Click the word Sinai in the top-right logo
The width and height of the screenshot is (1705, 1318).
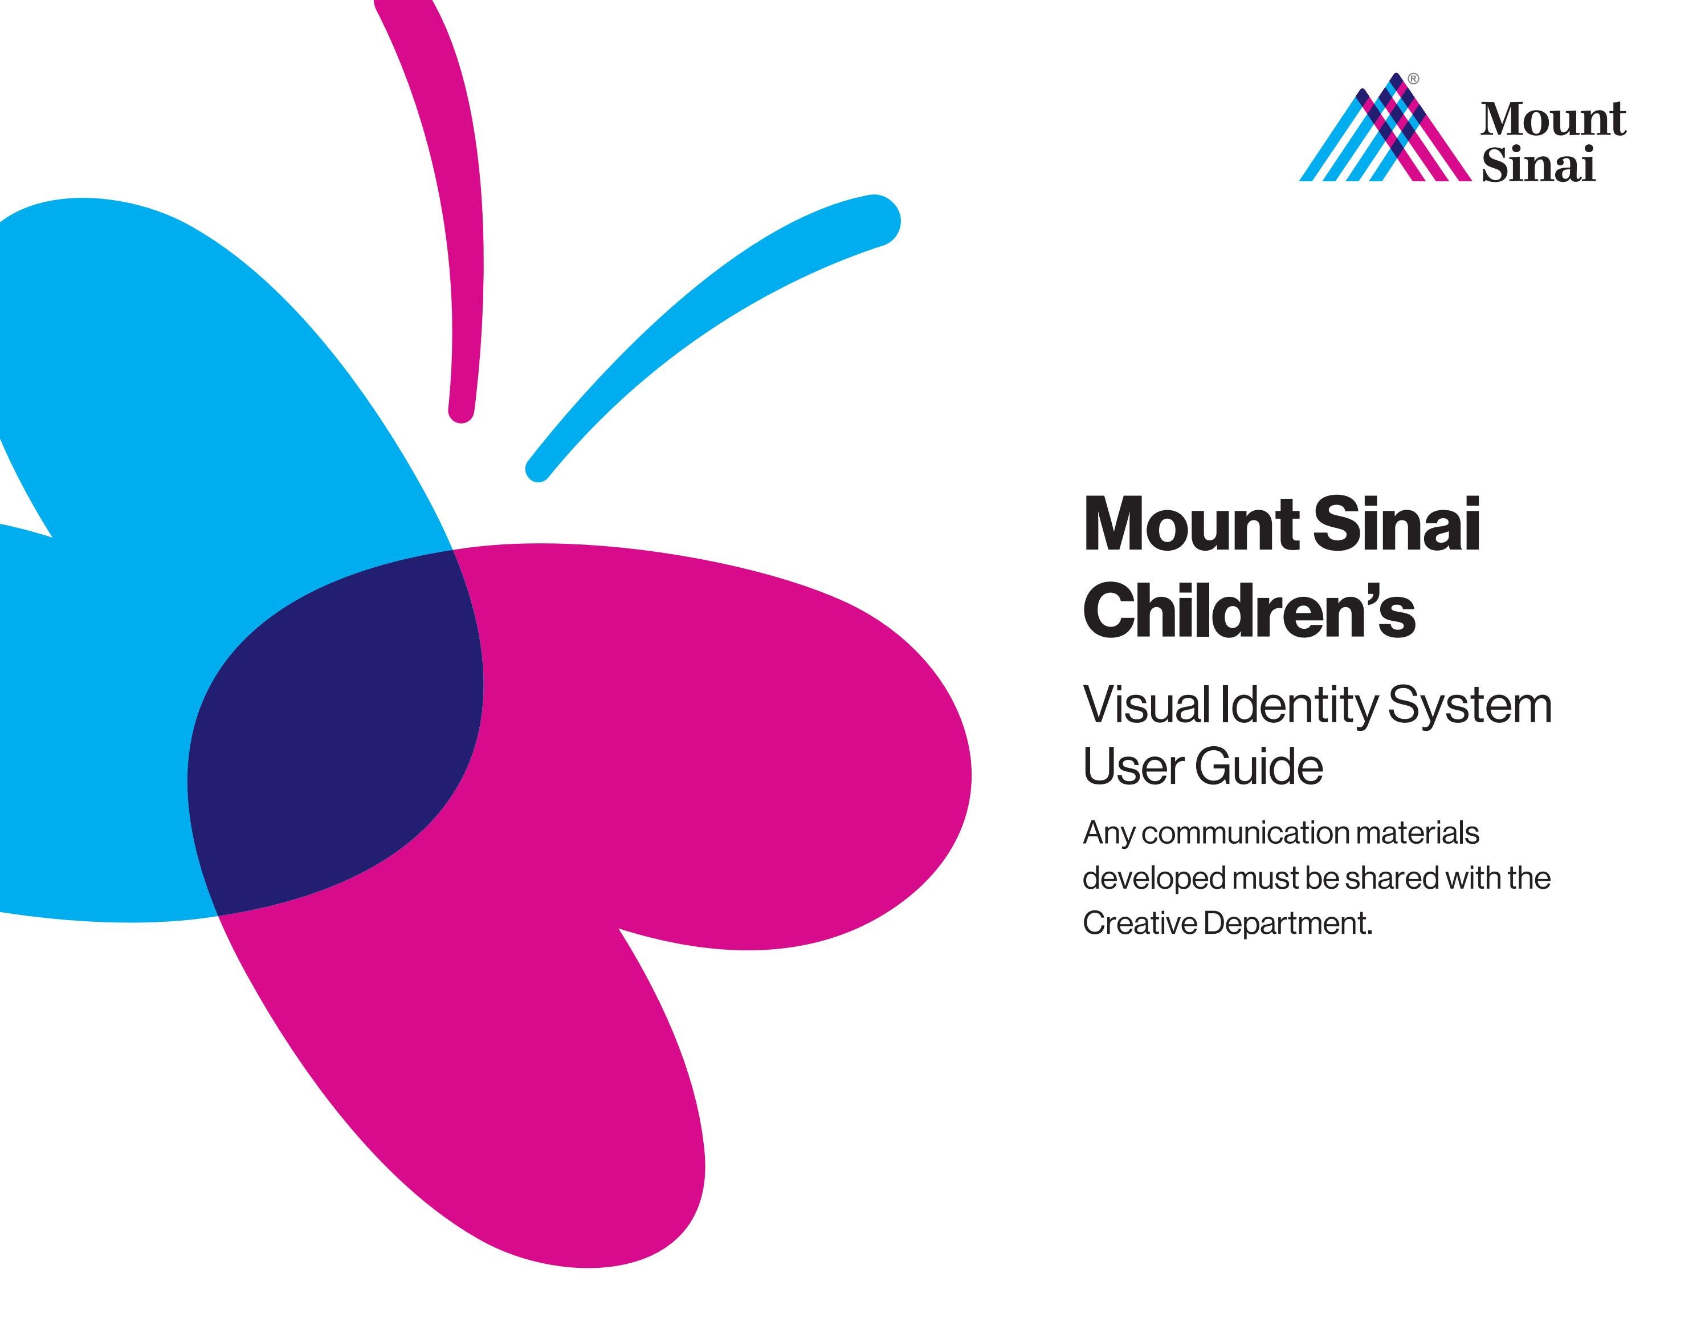pos(1538,165)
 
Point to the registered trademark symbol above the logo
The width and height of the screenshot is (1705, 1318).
pos(1414,79)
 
